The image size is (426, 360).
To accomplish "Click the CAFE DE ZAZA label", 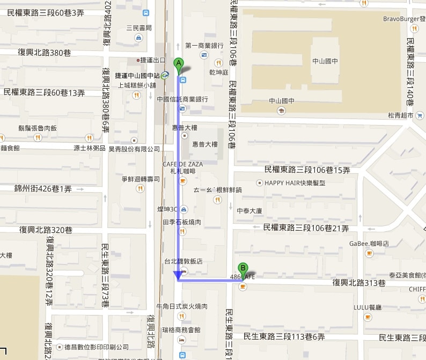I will (x=181, y=164).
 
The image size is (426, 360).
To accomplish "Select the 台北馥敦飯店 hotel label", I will (x=183, y=261).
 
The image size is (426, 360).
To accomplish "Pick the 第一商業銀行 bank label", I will (x=203, y=45).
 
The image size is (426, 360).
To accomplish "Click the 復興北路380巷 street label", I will (x=45, y=53).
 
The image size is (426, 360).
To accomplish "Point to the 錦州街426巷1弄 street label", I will (x=43, y=188).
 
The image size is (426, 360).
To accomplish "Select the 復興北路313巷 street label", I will (x=359, y=283).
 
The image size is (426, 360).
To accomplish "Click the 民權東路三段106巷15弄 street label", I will (x=307, y=170).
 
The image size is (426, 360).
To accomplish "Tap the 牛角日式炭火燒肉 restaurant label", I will (x=181, y=306).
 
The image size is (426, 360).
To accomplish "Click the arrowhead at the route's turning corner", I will (x=177, y=276).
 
